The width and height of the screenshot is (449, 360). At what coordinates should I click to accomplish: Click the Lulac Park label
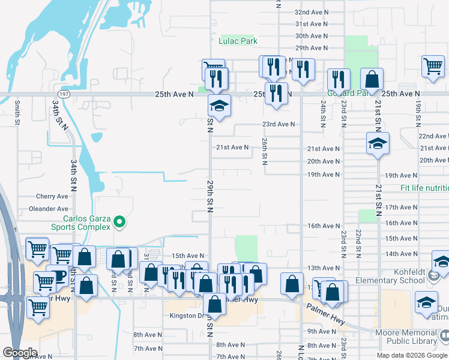(x=237, y=41)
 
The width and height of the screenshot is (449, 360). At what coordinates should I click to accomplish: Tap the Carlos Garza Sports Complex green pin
(x=120, y=222)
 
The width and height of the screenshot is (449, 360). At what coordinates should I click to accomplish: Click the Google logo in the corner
(x=20, y=353)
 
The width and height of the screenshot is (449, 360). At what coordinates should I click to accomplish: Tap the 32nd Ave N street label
(x=312, y=12)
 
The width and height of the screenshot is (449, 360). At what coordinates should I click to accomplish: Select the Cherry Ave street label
(x=52, y=196)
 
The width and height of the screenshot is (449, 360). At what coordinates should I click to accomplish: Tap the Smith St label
(x=17, y=112)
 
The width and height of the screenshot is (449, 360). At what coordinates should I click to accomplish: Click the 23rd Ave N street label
(x=278, y=124)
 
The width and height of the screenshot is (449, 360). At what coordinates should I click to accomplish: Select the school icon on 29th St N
(x=219, y=106)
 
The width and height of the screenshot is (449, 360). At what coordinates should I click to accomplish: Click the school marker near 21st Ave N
(x=378, y=143)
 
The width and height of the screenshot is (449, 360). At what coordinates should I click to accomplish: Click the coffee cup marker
(x=58, y=277)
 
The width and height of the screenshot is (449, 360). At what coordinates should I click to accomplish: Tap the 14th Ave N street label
(x=400, y=254)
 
